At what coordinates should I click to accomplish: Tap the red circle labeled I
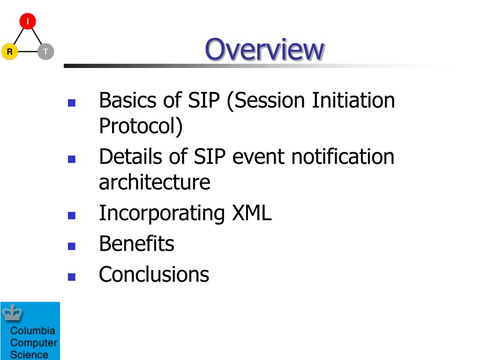(28, 21)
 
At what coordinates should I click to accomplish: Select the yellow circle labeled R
(10, 52)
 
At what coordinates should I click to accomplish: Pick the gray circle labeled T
(46, 52)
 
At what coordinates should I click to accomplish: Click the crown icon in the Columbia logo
(12, 313)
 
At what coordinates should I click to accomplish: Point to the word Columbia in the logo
(33, 330)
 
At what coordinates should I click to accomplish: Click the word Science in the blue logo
(29, 355)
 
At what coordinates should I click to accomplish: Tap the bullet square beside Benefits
(72, 246)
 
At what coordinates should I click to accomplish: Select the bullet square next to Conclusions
(72, 277)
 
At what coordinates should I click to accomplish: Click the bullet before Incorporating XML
(72, 216)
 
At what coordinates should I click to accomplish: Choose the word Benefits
(136, 244)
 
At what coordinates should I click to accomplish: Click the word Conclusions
(154, 274)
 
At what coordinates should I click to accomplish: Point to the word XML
(252, 213)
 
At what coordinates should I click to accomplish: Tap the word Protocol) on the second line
(141, 126)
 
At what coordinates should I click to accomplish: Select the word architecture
(155, 182)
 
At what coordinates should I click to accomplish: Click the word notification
(343, 157)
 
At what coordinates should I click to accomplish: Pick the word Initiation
(353, 100)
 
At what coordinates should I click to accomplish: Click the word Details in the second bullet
(131, 157)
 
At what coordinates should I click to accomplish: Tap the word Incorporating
(162, 214)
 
